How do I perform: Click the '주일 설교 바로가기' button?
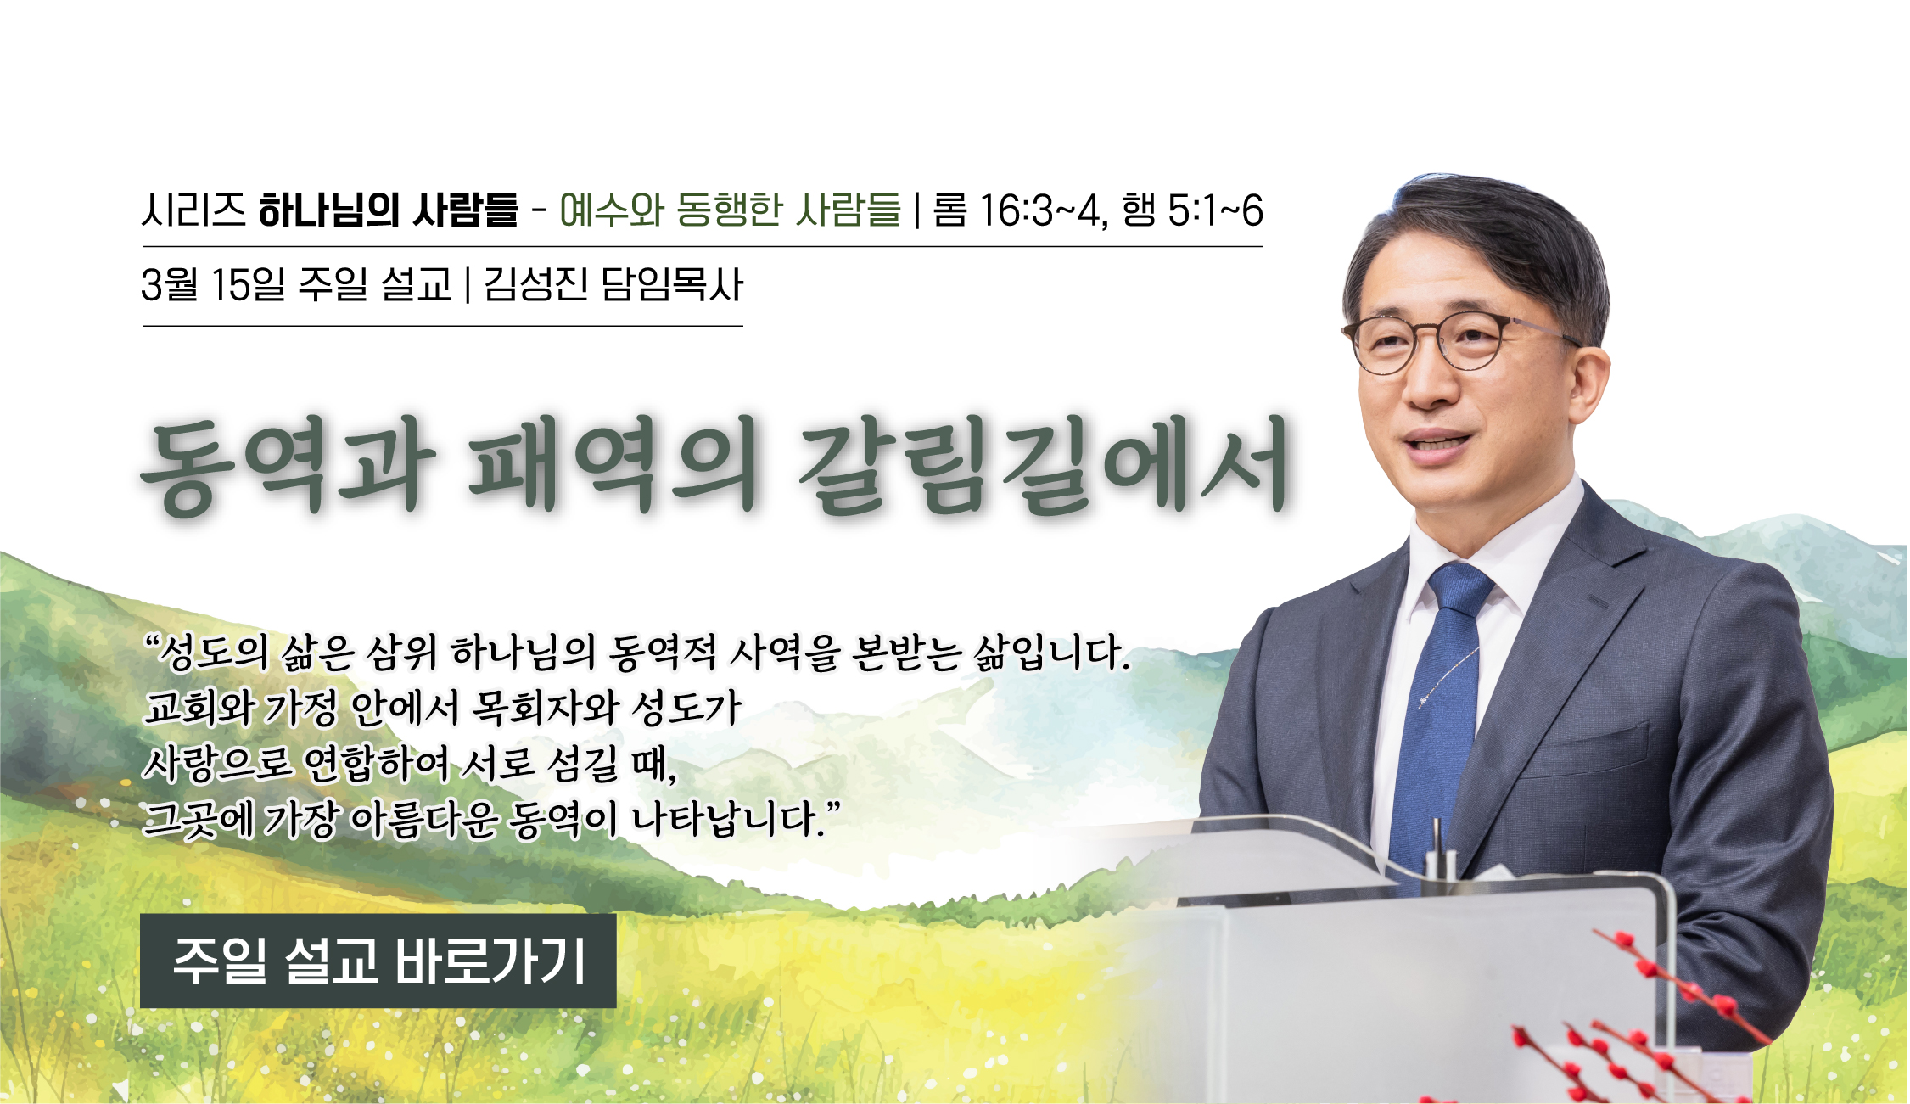[378, 961]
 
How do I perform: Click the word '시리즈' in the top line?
[193, 210]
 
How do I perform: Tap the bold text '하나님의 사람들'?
[388, 210]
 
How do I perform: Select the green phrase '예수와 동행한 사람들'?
[730, 210]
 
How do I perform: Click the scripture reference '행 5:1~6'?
[1192, 210]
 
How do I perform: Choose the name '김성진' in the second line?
[535, 284]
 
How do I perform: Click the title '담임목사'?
[671, 284]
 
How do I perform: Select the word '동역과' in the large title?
[288, 466]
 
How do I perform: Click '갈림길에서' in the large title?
[1044, 466]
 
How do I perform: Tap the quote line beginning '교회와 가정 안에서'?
[443, 707]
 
